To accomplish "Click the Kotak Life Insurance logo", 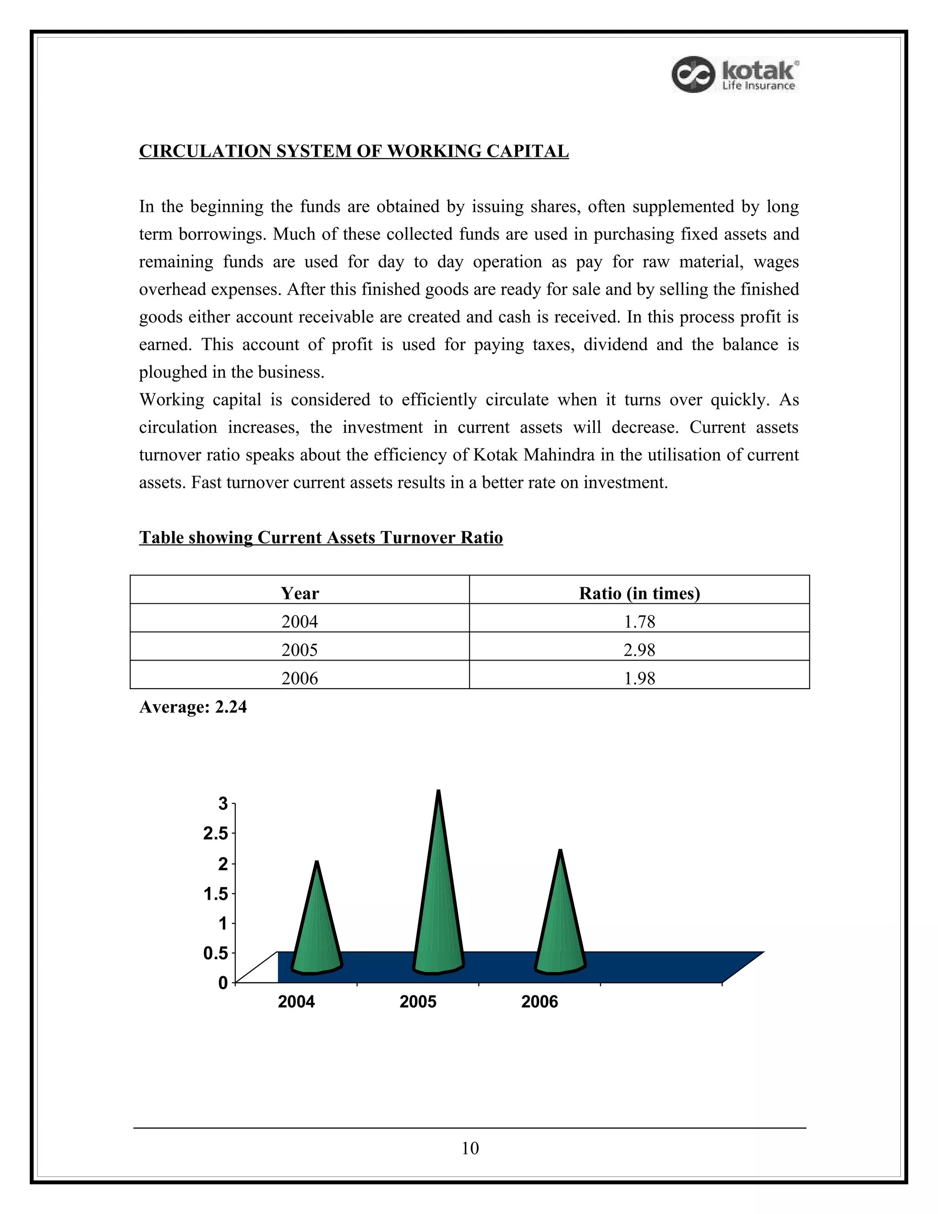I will click(735, 75).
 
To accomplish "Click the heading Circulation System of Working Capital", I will click(354, 151).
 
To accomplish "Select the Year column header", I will click(300, 593).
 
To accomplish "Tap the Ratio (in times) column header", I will click(639, 593).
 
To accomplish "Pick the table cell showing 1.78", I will click(639, 622).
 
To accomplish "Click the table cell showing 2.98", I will click(639, 650).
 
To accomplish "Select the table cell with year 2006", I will click(300, 678).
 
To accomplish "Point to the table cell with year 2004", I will click(300, 622).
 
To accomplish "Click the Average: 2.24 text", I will click(193, 707).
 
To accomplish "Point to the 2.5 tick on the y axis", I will click(216, 834).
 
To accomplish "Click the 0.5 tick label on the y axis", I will click(216, 953).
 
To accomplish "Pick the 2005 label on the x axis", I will click(418, 1001).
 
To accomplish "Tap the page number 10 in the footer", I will click(469, 1148).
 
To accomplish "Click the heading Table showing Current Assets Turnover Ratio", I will click(321, 537).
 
